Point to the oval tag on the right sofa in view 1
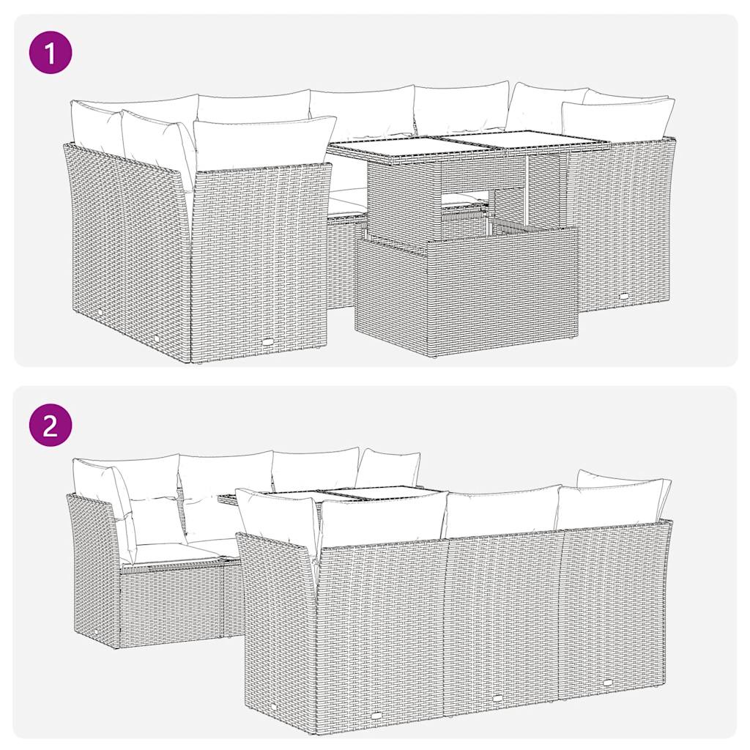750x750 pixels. coord(624,296)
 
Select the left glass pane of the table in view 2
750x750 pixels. coord(293,497)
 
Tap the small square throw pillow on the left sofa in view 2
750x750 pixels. coord(149,521)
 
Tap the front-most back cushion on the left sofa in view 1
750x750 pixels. coord(260,142)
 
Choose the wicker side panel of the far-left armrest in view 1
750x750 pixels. coord(125,242)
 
